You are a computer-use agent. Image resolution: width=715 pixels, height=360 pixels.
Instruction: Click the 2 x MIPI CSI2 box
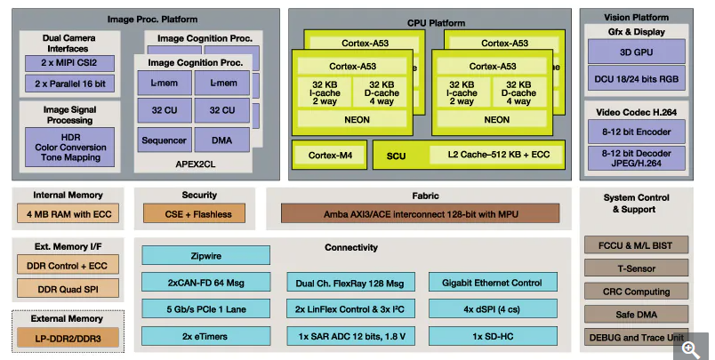pos(68,63)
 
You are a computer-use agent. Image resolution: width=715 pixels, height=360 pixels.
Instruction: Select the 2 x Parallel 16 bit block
pos(68,84)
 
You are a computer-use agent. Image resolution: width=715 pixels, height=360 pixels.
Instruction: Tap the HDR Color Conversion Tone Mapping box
pos(68,148)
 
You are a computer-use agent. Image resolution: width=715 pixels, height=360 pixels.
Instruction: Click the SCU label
pos(396,156)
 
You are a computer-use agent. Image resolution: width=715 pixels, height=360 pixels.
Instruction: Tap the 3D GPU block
pos(638,52)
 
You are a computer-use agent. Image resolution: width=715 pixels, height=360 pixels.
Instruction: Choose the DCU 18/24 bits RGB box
pos(638,79)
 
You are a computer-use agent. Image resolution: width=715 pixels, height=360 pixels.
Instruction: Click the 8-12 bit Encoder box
pos(638,132)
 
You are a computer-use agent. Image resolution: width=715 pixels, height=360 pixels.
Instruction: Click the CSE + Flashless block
pos(198,213)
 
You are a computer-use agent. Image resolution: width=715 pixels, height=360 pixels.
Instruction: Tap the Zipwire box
pos(205,255)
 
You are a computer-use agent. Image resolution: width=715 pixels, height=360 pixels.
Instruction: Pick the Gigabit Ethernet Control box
pos(497,283)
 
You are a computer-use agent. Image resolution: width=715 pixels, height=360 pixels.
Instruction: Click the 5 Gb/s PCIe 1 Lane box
pos(205,309)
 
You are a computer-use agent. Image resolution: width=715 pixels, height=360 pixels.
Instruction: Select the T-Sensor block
pos(637,268)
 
